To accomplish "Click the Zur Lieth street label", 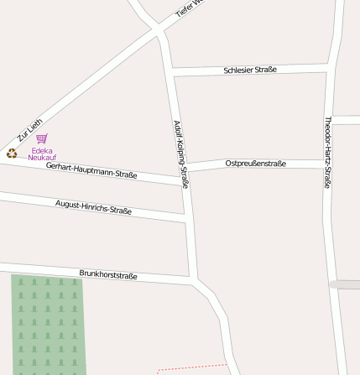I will tap(29, 131).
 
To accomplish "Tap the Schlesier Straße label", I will tap(250, 70).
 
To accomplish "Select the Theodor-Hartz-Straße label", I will tap(328, 152).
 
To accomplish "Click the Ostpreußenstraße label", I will tap(256, 164).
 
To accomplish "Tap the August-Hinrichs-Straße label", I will tap(93, 206).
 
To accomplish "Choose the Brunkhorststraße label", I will tap(108, 274).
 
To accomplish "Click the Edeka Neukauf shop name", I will tap(42, 154).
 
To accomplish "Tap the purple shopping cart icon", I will tap(42, 138).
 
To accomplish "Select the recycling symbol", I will tap(12, 153).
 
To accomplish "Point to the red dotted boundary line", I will tap(193, 367).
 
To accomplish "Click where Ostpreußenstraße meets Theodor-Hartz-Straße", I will tap(326, 164).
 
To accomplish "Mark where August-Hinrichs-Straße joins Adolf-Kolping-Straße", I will tap(186, 219).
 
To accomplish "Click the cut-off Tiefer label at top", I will tap(188, 9).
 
